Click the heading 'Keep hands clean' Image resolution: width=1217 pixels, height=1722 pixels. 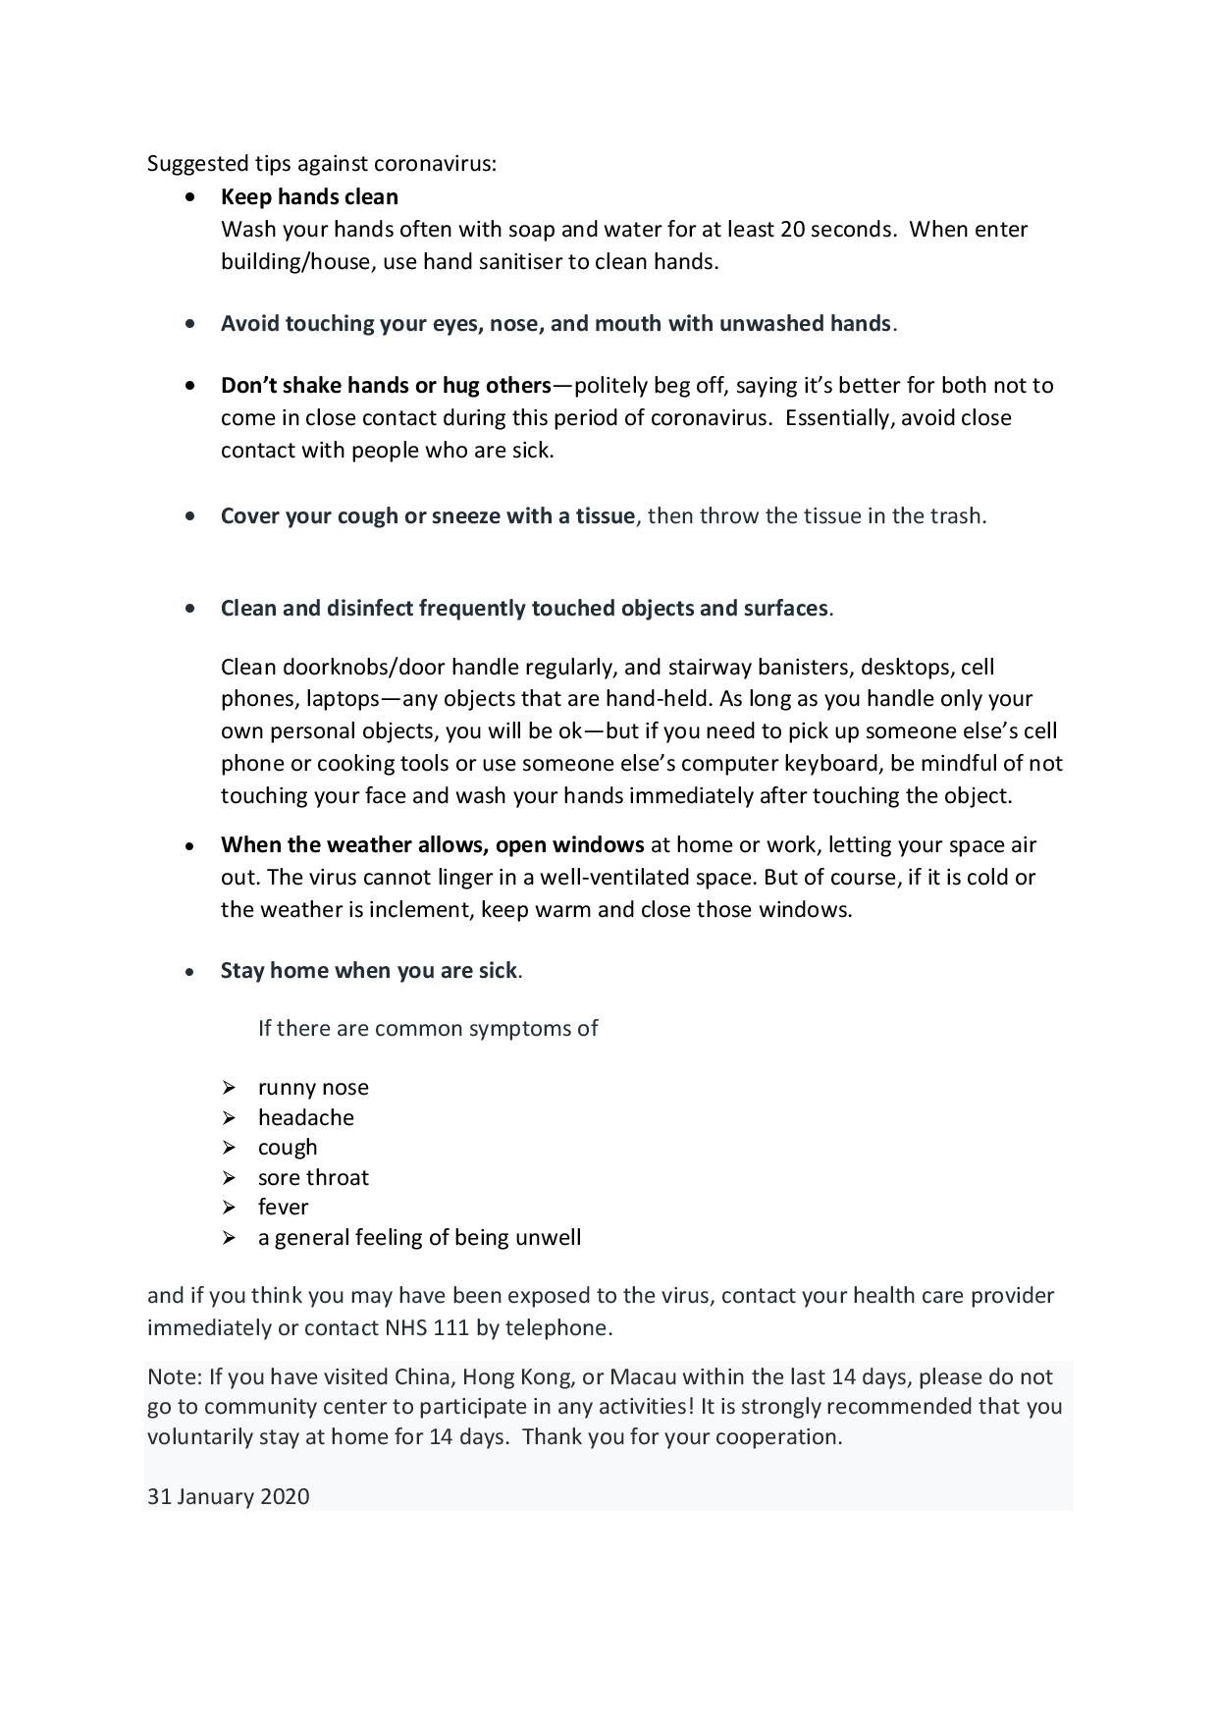[309, 197]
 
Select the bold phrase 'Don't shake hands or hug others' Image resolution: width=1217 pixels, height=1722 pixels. [386, 385]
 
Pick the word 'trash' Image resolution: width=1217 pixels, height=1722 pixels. [957, 516]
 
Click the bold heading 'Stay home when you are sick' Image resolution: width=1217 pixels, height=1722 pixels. [368, 971]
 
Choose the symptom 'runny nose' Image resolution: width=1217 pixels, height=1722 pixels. [313, 1088]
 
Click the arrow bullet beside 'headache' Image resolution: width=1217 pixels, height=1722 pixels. [229, 1118]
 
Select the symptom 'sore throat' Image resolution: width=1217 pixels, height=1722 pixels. [313, 1177]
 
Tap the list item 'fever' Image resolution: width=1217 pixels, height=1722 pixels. [283, 1208]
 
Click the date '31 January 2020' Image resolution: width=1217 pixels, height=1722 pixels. [228, 1497]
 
